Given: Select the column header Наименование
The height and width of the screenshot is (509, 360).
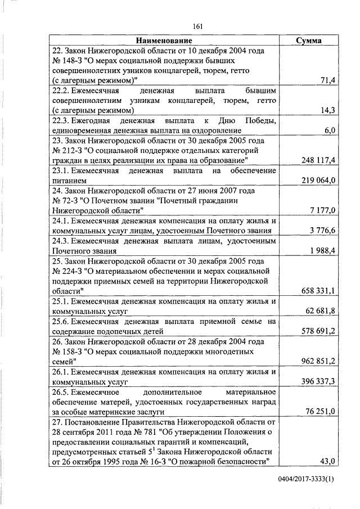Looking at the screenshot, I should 164,40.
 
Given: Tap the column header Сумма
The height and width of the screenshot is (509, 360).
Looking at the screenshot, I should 309,40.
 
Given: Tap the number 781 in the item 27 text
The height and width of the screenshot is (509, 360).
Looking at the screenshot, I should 150,431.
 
